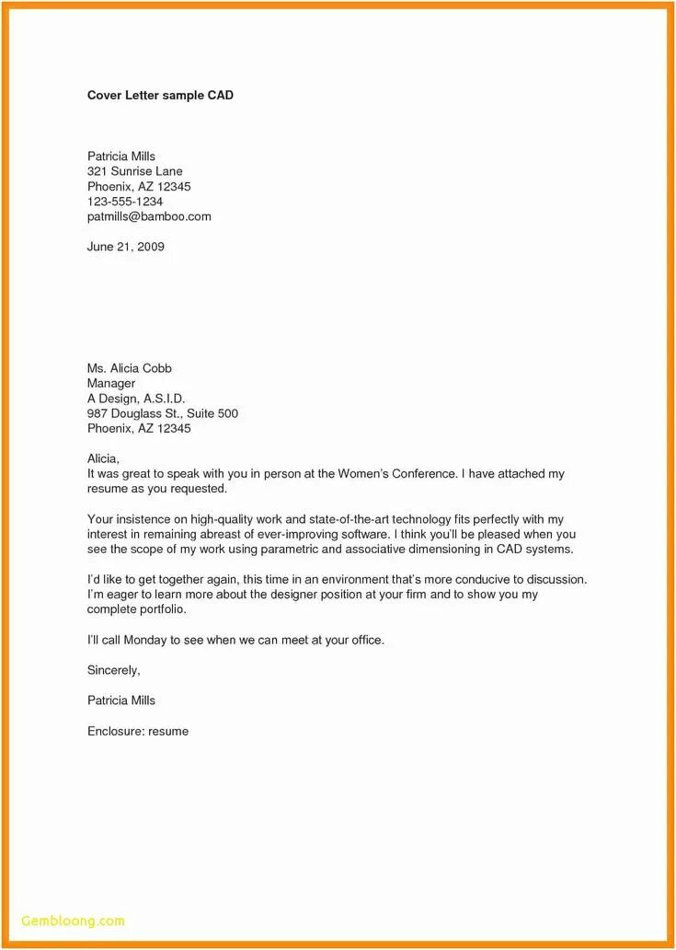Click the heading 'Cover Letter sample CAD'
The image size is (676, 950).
pyautogui.click(x=160, y=95)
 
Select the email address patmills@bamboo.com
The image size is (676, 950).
pyautogui.click(x=149, y=216)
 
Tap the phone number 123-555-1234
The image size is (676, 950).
pyautogui.click(x=125, y=202)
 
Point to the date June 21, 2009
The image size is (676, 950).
pyautogui.click(x=126, y=247)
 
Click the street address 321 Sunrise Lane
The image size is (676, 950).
pyautogui.click(x=135, y=171)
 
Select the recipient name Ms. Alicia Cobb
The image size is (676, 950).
pyautogui.click(x=130, y=368)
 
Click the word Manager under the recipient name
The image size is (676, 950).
pyautogui.click(x=111, y=383)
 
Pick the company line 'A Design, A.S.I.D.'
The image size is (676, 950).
pyautogui.click(x=136, y=399)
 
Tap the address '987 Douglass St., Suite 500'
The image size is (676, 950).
pyautogui.click(x=163, y=413)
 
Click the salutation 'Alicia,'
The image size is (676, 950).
pyautogui.click(x=104, y=458)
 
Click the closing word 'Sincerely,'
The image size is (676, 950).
pyautogui.click(x=113, y=670)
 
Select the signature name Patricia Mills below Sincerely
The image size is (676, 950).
pyautogui.click(x=121, y=701)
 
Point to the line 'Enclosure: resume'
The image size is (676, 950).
pyautogui.click(x=138, y=731)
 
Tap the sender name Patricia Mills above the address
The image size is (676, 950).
pyautogui.click(x=121, y=156)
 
